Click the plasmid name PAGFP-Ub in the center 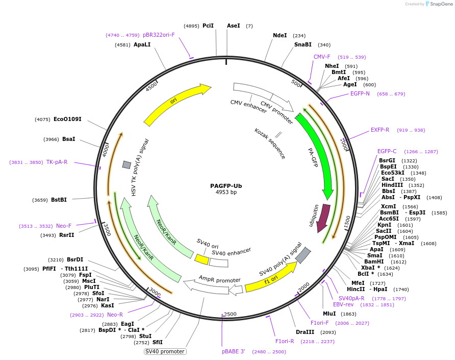(226, 186)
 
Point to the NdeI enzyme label (280, 36)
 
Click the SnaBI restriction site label (302, 45)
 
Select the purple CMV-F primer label (322, 57)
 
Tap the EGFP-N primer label (360, 93)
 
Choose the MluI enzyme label (329, 314)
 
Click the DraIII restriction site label (305, 332)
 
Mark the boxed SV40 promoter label (165, 351)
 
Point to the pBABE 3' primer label (233, 351)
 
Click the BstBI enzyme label (59, 200)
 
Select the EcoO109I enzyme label (67, 119)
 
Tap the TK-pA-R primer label (57, 162)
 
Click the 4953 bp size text (226, 193)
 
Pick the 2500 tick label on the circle (230, 314)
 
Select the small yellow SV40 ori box (201, 259)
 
